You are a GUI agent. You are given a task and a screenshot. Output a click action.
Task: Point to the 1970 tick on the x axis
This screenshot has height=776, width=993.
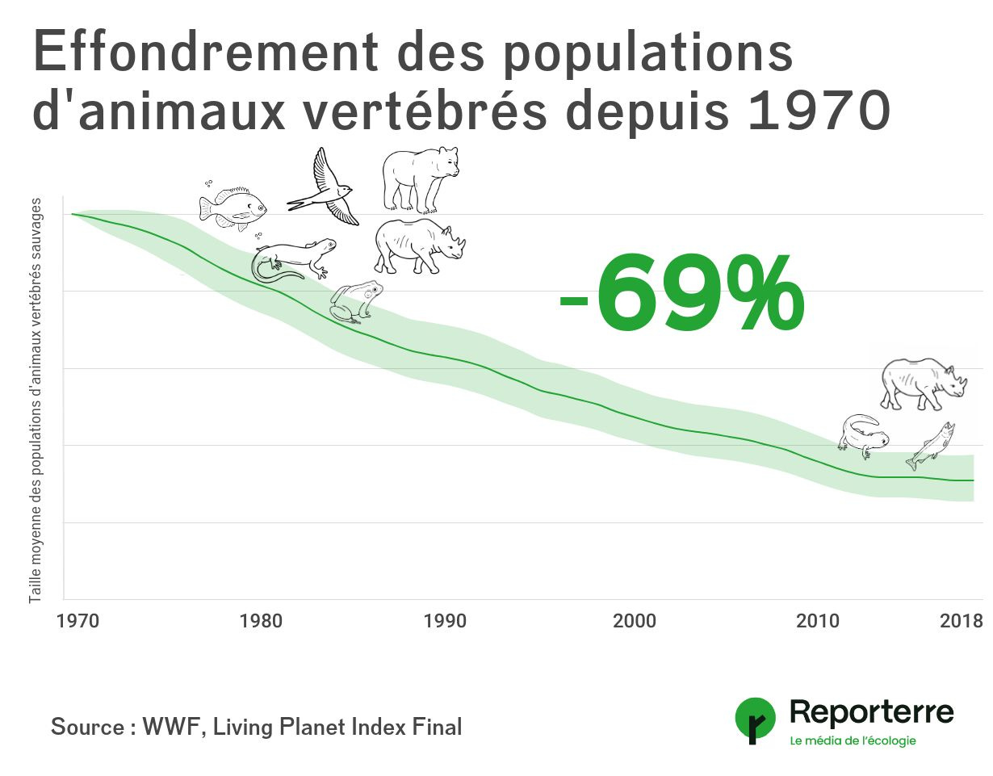pos(78,621)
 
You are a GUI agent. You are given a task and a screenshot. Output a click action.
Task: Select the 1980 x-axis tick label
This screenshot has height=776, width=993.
pos(262,621)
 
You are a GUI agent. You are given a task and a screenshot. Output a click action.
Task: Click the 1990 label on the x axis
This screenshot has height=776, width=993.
pos(445,621)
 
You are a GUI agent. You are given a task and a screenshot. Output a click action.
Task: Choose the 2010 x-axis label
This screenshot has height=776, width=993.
pos(817,621)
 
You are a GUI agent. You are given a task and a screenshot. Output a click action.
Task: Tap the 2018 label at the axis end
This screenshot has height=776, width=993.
pos(962,621)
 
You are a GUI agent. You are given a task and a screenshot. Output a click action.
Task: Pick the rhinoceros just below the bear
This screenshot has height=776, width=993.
pos(419,245)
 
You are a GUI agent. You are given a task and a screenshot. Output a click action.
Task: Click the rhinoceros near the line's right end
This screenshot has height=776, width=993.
pos(923,384)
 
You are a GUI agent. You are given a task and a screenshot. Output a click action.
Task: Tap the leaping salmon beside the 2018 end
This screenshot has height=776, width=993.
pos(930,446)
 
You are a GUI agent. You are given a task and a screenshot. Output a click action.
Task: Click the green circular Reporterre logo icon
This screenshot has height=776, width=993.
pos(755,719)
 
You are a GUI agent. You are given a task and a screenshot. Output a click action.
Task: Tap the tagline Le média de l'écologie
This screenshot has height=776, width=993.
pos(853,740)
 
